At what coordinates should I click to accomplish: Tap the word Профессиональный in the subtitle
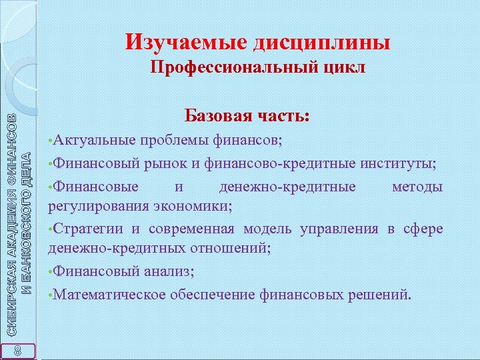(225, 69)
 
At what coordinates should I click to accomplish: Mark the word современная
(191, 229)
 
